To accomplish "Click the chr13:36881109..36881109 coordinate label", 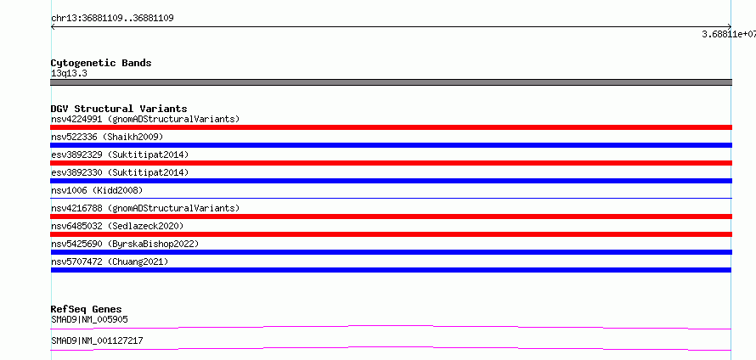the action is point(112,19).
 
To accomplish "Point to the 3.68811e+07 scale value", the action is point(729,34).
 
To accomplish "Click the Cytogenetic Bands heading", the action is point(101,63).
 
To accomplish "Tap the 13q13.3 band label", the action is point(69,74).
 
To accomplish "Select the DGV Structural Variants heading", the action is point(119,109).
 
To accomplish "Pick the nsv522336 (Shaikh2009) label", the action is point(107,137).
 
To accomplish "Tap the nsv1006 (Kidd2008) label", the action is point(97,190).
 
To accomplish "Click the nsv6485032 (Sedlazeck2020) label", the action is point(117,226).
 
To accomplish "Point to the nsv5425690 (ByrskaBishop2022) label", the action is point(125,244).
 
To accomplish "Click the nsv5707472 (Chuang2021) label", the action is point(110,262).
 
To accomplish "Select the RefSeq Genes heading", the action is point(87,309).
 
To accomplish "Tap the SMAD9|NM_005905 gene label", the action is point(89,319).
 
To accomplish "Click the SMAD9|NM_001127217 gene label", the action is point(97,340).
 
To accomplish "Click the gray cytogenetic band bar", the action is point(391,82).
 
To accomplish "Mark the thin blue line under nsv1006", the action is point(391,198).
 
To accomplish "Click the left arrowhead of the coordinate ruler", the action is point(52,27).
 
